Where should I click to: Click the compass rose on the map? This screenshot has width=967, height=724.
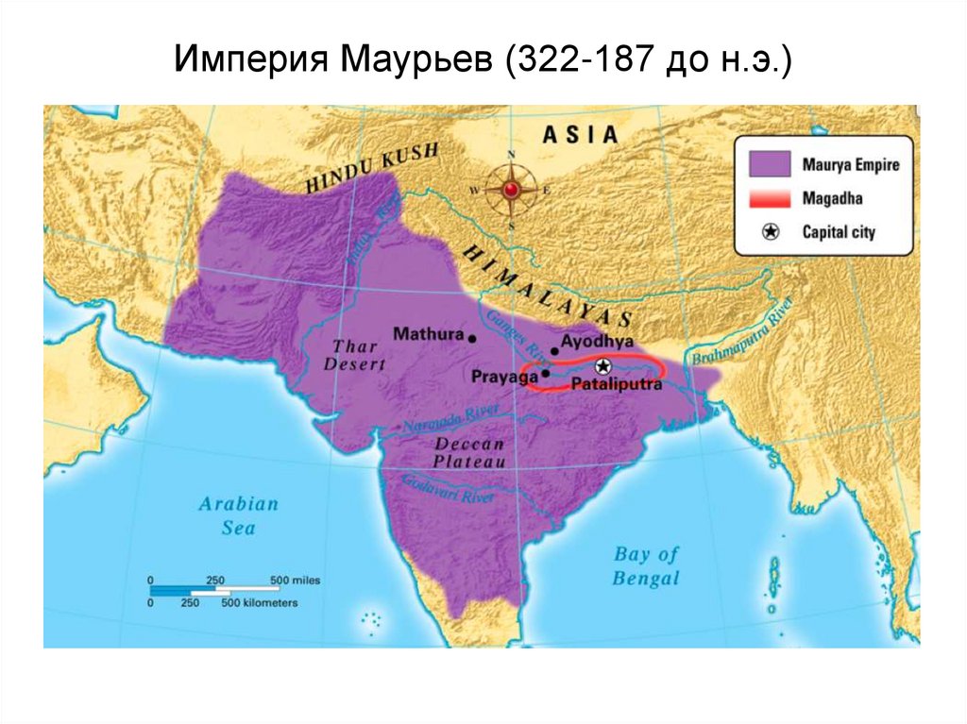pyautogui.click(x=512, y=190)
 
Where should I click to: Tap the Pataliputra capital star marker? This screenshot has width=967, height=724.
pyautogui.click(x=602, y=367)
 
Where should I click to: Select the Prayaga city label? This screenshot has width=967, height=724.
pyautogui.click(x=504, y=376)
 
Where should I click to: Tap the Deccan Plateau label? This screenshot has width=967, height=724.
pyautogui.click(x=469, y=452)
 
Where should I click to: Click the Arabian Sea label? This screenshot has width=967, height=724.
pyautogui.click(x=238, y=515)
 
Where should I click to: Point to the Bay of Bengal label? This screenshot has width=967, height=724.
pyautogui.click(x=646, y=566)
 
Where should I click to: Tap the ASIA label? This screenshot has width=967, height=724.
pyautogui.click(x=580, y=134)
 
